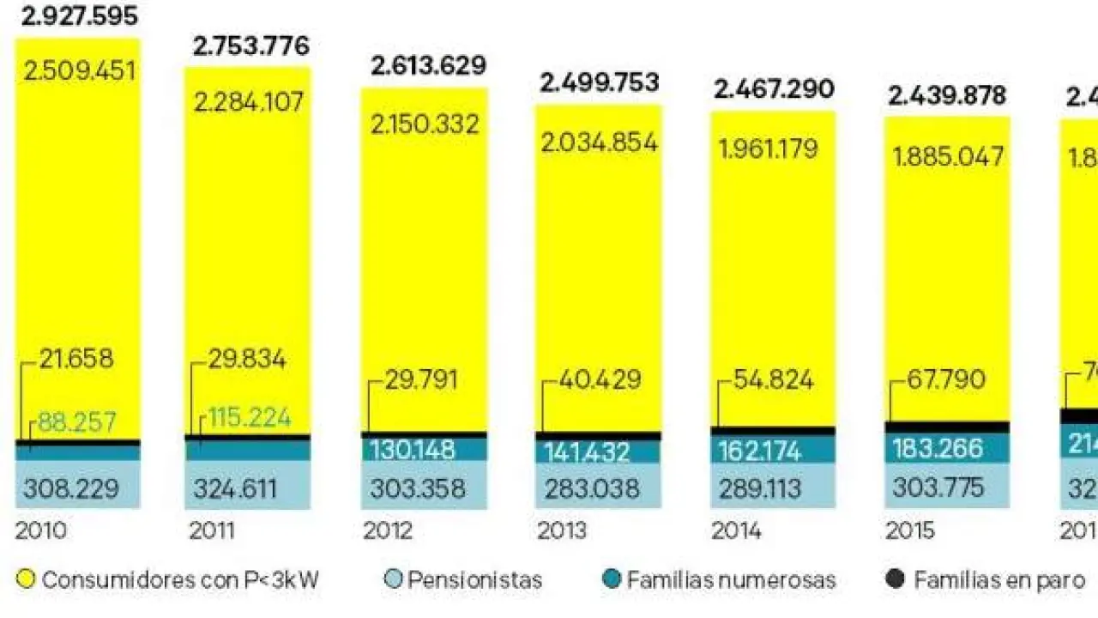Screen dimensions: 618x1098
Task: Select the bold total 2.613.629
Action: click(x=428, y=65)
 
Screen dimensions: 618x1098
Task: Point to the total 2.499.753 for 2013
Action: click(x=599, y=82)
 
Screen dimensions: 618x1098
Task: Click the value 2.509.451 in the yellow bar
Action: click(x=80, y=70)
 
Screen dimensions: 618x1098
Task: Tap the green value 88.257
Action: click(x=76, y=423)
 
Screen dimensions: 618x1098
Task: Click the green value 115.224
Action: click(x=248, y=419)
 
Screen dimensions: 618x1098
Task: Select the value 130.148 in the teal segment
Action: click(x=413, y=450)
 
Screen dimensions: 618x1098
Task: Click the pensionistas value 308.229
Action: click(x=71, y=489)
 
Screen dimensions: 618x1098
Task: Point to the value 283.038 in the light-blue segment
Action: click(x=593, y=489)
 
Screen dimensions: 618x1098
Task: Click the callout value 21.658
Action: click(x=76, y=359)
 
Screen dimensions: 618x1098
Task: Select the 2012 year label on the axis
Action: click(x=388, y=531)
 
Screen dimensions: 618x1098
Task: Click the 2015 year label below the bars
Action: click(x=910, y=531)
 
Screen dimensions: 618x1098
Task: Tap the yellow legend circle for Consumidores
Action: click(x=26, y=580)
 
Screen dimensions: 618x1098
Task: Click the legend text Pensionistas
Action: click(x=474, y=580)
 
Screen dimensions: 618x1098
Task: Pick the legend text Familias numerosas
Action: click(x=731, y=580)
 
